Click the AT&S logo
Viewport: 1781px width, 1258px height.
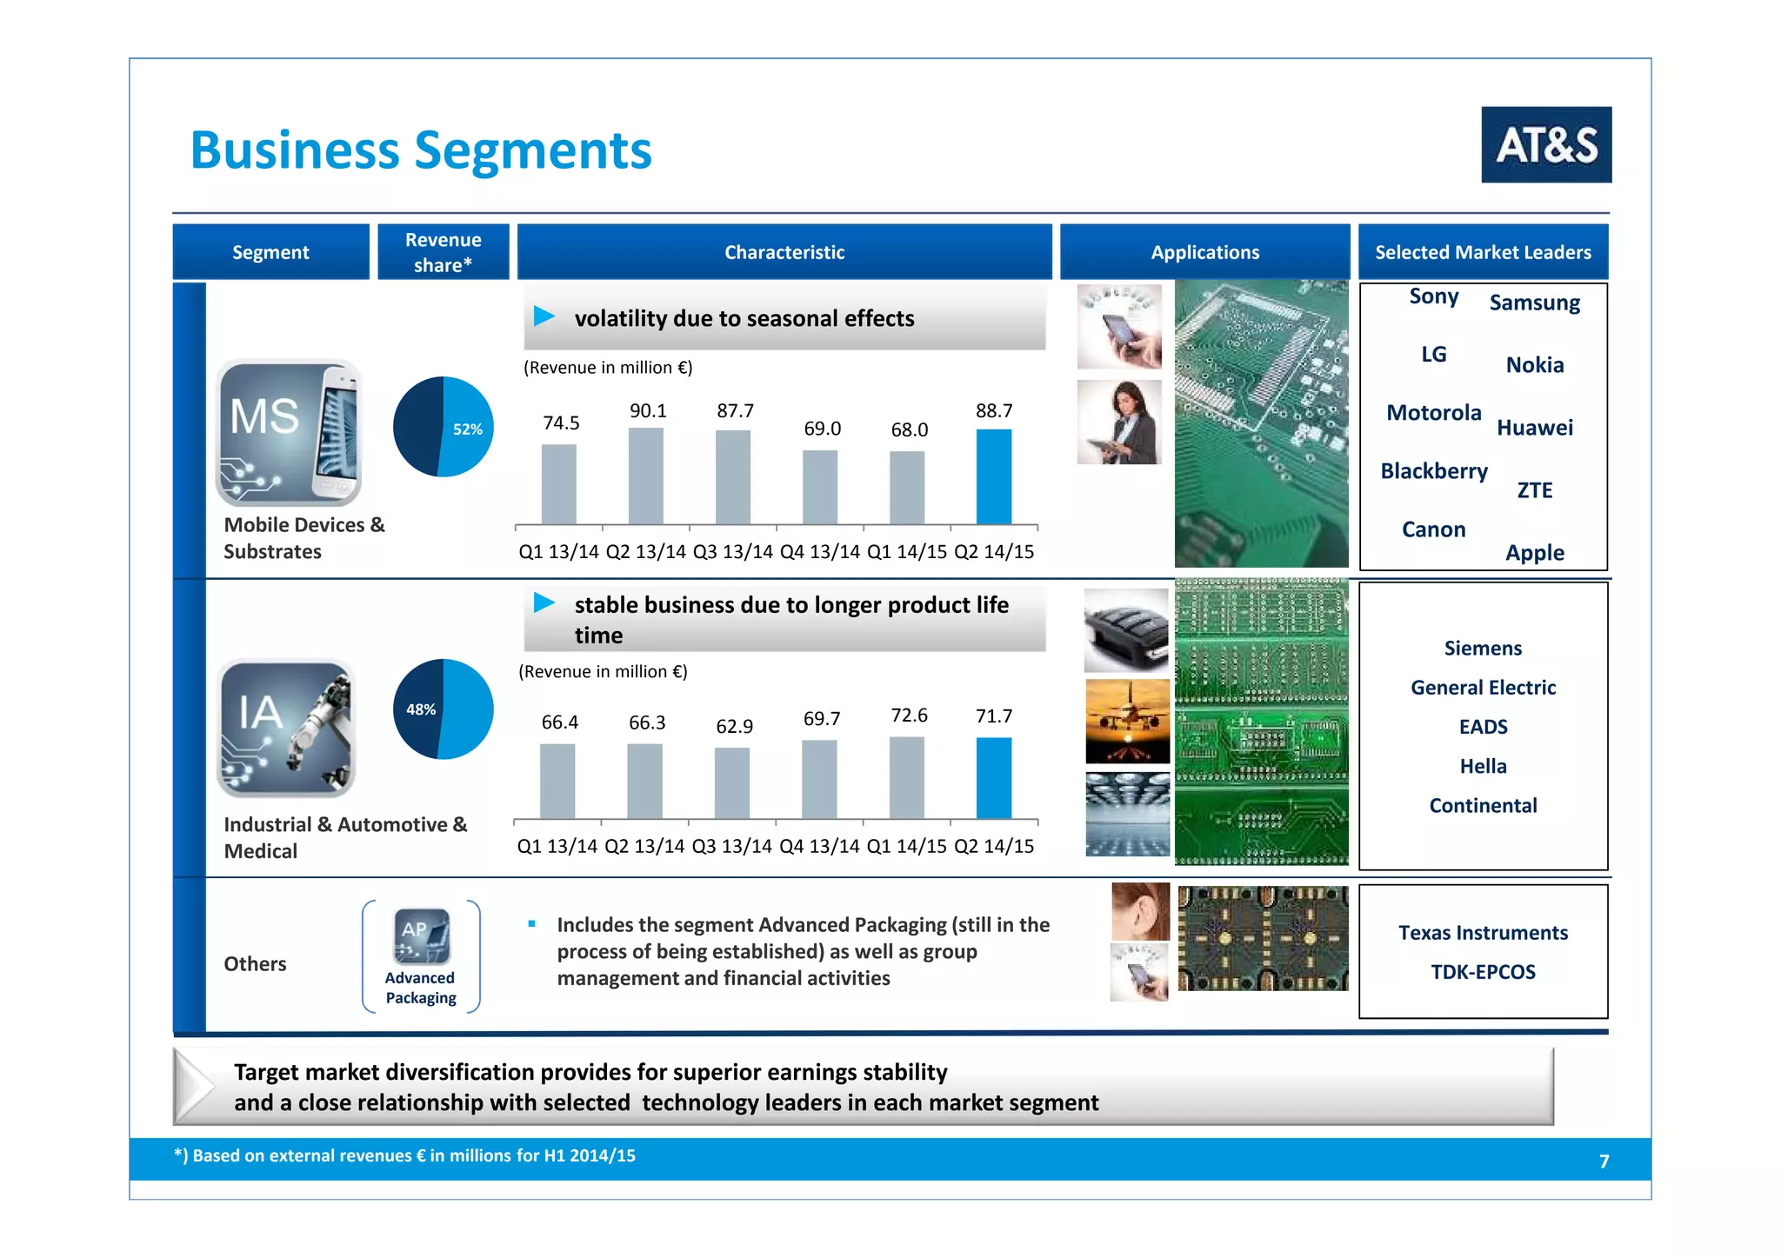pyautogui.click(x=1545, y=144)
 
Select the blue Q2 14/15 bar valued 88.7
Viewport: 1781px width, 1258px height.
pyautogui.click(x=993, y=476)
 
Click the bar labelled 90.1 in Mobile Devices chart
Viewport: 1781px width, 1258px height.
pyautogui.click(x=645, y=476)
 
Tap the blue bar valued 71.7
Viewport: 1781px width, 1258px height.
pyautogui.click(x=993, y=778)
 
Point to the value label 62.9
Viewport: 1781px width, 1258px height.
pyautogui.click(x=734, y=727)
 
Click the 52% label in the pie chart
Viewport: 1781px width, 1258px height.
pyautogui.click(x=467, y=429)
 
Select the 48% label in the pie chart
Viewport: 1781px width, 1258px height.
pyautogui.click(x=421, y=709)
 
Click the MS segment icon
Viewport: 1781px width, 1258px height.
pyautogui.click(x=289, y=432)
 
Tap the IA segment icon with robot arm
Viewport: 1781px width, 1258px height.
pyautogui.click(x=286, y=728)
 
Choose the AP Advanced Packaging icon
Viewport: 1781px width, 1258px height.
pyautogui.click(x=421, y=936)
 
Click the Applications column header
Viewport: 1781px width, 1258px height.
pyautogui.click(x=1204, y=252)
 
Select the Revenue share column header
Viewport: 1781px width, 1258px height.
pyautogui.click(x=443, y=252)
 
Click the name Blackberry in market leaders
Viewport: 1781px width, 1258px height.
pyautogui.click(x=1433, y=471)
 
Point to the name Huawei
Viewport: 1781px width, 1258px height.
pyautogui.click(x=1534, y=428)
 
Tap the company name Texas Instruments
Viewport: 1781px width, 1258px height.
pyautogui.click(x=1483, y=933)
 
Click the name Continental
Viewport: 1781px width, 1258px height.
pyautogui.click(x=1483, y=806)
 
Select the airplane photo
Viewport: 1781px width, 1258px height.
pyautogui.click(x=1127, y=722)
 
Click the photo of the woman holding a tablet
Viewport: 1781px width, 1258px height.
pyautogui.click(x=1119, y=423)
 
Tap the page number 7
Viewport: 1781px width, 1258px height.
pyautogui.click(x=1604, y=1161)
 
